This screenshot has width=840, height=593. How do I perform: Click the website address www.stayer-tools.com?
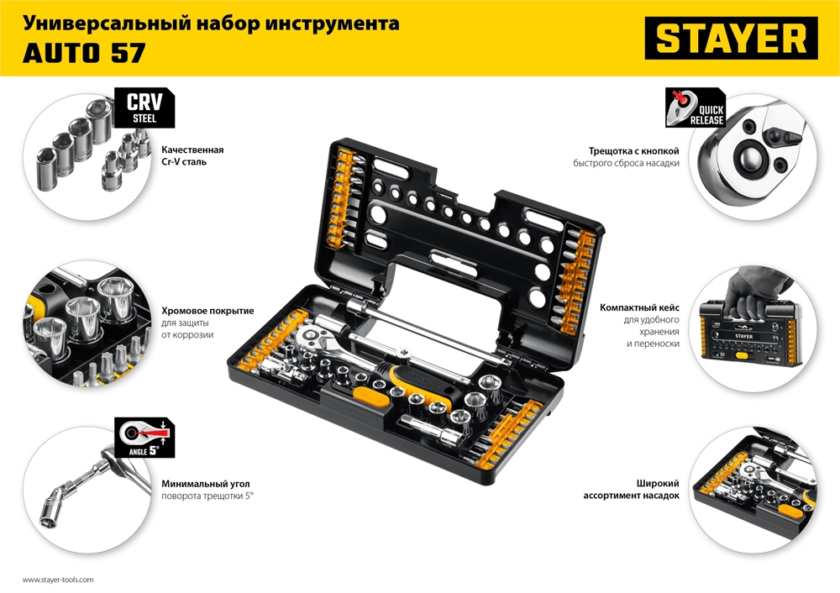[x=58, y=580]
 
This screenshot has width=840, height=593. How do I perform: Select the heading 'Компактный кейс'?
[x=644, y=308]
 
